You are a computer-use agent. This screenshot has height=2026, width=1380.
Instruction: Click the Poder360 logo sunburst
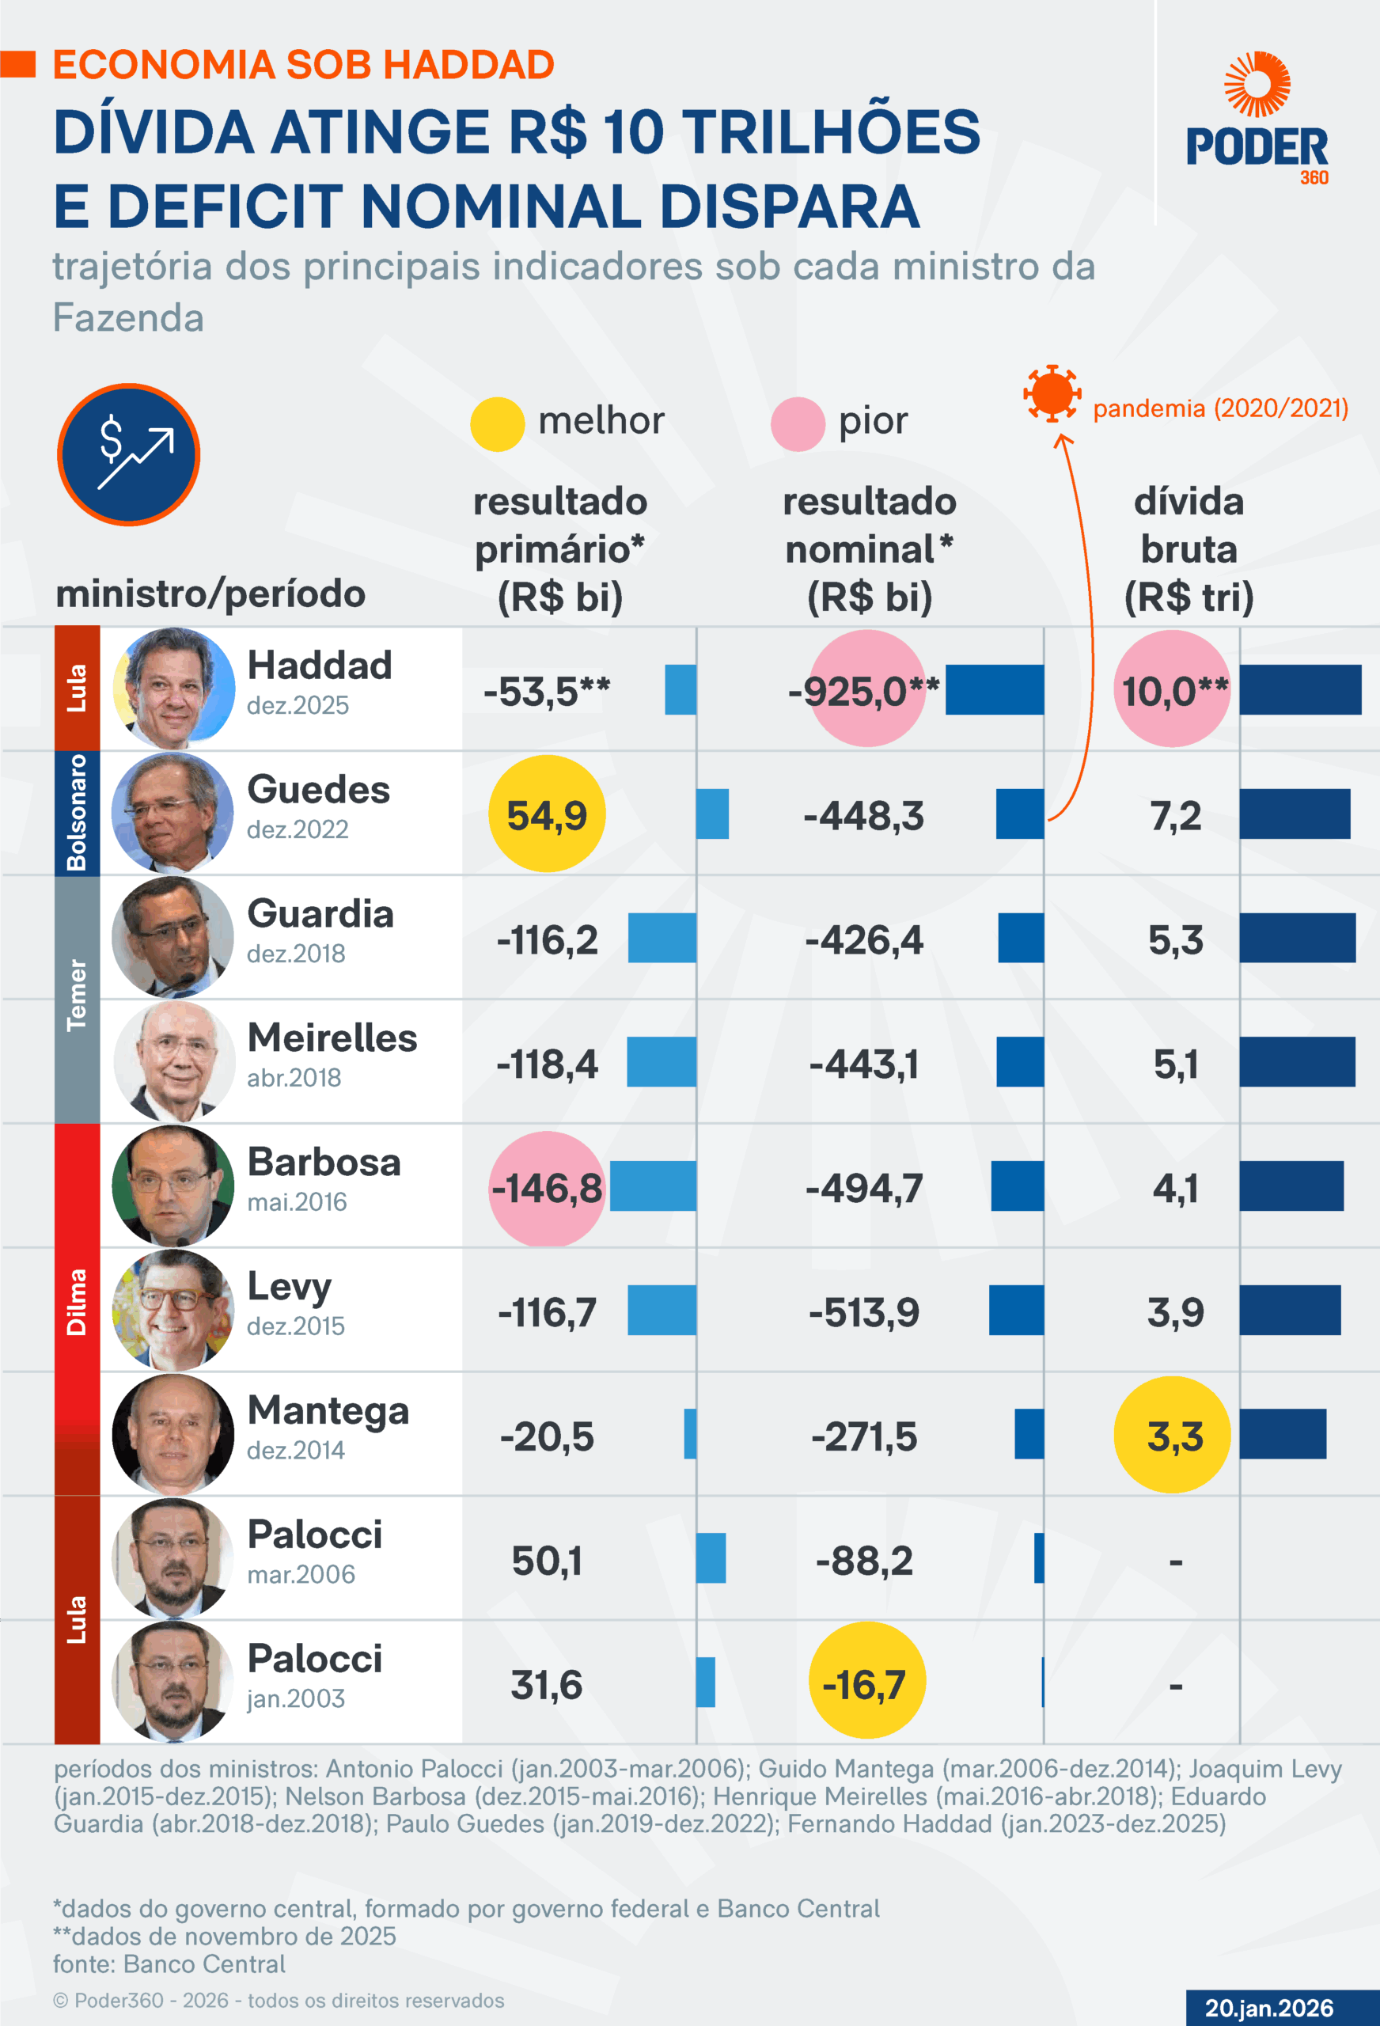[1257, 84]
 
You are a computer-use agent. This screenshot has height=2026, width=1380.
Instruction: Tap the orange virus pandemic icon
[1052, 393]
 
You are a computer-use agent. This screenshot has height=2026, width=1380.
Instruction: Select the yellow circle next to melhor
[497, 423]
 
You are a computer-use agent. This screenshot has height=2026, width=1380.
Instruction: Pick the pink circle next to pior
[798, 423]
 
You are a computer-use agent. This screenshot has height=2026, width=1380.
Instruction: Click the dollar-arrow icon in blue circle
[129, 454]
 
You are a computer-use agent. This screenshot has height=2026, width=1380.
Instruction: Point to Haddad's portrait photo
[173, 688]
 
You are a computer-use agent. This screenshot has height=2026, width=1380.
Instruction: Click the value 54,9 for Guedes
[547, 814]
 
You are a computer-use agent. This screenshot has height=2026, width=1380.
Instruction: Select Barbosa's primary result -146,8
[547, 1187]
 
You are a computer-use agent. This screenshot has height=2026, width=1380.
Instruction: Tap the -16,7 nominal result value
[866, 1683]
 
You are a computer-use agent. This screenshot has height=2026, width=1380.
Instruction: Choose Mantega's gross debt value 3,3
[1173, 1435]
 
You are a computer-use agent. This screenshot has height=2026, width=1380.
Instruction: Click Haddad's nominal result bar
[994, 689]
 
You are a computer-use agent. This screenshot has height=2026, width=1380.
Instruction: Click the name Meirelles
[332, 1038]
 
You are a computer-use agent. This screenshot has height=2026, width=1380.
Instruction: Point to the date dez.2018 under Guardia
[297, 954]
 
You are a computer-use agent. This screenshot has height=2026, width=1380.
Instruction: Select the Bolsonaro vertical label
[77, 813]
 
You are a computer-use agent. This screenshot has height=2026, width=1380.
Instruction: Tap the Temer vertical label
[77, 995]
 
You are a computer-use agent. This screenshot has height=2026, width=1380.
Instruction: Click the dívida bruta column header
[1189, 549]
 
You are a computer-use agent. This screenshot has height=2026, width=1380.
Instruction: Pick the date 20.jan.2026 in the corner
[1268, 2008]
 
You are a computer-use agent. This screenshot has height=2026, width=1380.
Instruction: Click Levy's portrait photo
[173, 1310]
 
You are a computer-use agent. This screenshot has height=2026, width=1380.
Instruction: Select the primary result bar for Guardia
[662, 938]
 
